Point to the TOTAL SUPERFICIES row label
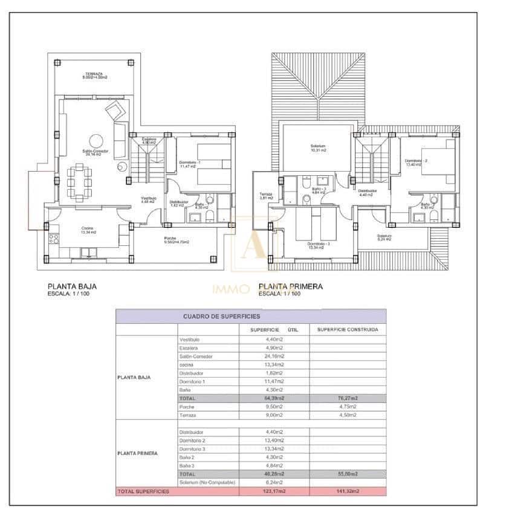(x=143, y=492)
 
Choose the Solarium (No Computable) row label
(x=206, y=483)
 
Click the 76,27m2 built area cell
(x=347, y=399)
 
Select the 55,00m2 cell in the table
(x=347, y=474)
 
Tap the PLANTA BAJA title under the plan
(x=72, y=287)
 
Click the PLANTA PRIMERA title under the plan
(x=290, y=287)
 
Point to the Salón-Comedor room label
(x=96, y=151)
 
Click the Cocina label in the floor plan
(x=88, y=228)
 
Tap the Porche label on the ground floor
(x=170, y=239)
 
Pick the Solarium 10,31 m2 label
(x=319, y=147)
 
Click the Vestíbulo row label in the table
(x=189, y=340)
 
